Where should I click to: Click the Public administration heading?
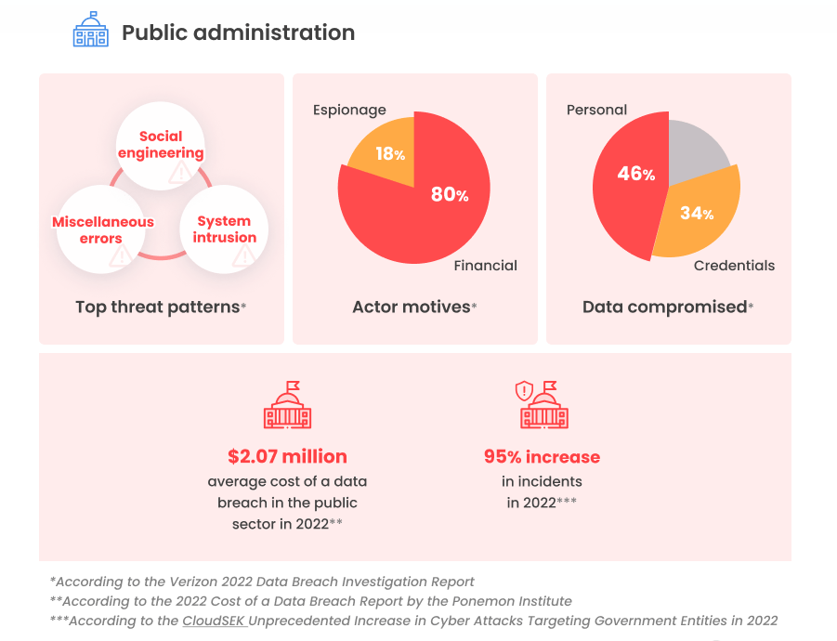click(x=238, y=33)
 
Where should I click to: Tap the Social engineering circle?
click(x=161, y=146)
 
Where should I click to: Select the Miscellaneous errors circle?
click(x=102, y=229)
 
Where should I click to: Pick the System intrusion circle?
click(x=224, y=229)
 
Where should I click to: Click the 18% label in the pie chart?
click(x=389, y=154)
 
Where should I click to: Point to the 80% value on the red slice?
click(x=450, y=194)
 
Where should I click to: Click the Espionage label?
click(x=349, y=110)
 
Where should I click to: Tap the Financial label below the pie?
click(x=485, y=266)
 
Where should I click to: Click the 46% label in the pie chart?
click(x=636, y=174)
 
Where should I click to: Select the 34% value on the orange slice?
click(x=696, y=214)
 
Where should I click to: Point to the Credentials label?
click(x=734, y=266)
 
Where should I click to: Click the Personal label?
click(x=596, y=110)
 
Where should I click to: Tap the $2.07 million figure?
click(x=287, y=457)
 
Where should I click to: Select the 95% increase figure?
click(x=542, y=457)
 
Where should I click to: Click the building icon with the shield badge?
click(x=542, y=405)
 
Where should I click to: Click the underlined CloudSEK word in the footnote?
click(x=215, y=621)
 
